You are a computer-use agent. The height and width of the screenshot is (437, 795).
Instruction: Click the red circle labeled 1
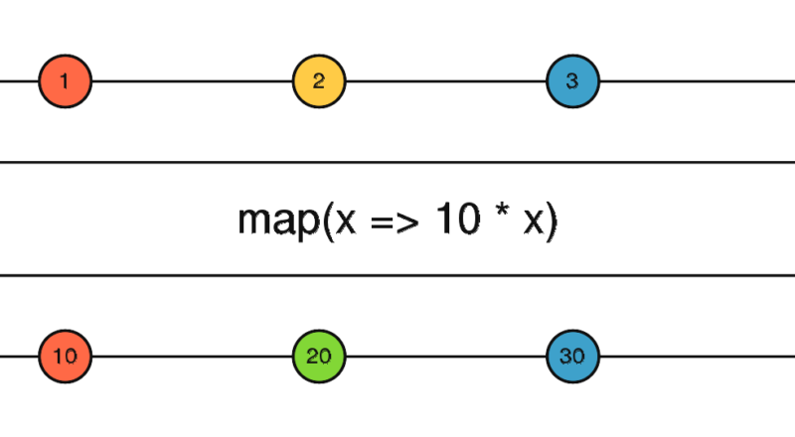click(x=66, y=81)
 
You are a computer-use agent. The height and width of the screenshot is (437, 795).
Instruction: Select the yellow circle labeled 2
click(x=319, y=81)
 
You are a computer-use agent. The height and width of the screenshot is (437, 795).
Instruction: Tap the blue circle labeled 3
click(x=573, y=81)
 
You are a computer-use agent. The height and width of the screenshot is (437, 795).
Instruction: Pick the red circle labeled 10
click(x=66, y=357)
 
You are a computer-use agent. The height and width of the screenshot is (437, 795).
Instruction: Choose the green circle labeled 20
click(x=319, y=357)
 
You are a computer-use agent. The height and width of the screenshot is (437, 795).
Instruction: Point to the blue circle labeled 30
click(x=573, y=357)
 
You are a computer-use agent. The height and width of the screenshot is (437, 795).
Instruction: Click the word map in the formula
click(x=279, y=221)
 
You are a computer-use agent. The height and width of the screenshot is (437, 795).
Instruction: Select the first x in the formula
click(x=345, y=220)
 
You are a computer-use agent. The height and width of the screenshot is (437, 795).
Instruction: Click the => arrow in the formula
click(x=396, y=221)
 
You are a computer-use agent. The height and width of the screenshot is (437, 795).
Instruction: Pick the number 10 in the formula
click(x=458, y=218)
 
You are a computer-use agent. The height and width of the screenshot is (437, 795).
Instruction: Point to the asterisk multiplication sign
click(x=502, y=210)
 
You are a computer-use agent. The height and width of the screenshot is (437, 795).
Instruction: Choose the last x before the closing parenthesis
click(x=534, y=220)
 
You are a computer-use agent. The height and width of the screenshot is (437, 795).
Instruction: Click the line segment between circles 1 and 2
click(x=193, y=81)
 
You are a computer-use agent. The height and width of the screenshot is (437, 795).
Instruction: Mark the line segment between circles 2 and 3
click(x=446, y=81)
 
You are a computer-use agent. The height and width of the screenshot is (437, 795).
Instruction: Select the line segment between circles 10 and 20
click(x=193, y=357)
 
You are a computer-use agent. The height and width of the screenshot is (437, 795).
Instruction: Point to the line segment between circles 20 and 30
click(x=446, y=357)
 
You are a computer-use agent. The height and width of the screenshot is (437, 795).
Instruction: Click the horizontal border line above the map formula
click(x=397, y=162)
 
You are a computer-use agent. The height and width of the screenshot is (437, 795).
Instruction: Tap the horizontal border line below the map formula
click(x=397, y=276)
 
